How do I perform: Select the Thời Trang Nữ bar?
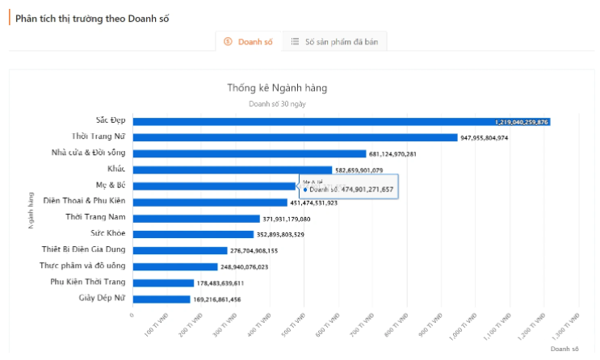[x=295, y=137]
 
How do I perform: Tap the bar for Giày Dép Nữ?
[x=162, y=299]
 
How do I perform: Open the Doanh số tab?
[x=249, y=41]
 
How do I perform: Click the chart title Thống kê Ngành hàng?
[x=277, y=87]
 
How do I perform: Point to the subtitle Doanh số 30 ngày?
[x=277, y=104]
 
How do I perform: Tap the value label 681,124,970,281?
[x=392, y=154]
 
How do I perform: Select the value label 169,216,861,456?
[x=216, y=299]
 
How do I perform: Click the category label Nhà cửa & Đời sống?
[x=88, y=153]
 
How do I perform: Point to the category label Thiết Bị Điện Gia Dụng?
[x=83, y=249]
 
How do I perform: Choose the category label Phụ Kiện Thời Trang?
[x=87, y=282]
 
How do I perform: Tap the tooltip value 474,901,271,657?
[x=367, y=189]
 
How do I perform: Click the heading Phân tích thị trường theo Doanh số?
[x=92, y=18]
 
